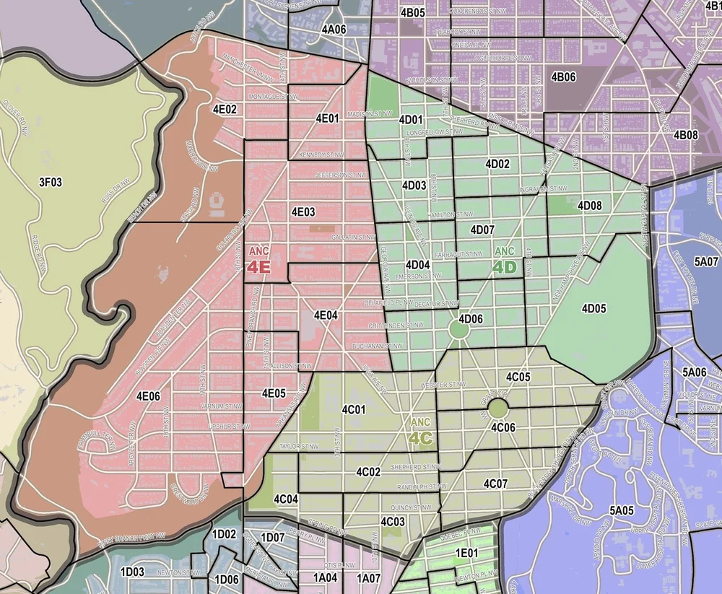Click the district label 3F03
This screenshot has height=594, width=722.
tap(51, 182)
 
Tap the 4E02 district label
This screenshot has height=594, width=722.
tap(225, 109)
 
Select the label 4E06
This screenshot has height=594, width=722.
tap(148, 395)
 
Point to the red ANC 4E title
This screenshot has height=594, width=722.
tap(258, 262)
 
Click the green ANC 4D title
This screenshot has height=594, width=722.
tap(505, 262)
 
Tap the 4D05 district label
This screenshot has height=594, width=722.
tap(593, 308)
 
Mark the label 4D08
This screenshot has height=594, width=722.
tap(590, 206)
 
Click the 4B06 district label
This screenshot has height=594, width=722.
tap(563, 77)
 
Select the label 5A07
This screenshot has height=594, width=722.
tap(706, 261)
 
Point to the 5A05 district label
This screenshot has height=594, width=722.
tap(621, 510)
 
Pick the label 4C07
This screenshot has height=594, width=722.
tap(495, 483)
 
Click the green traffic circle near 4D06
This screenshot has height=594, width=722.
tap(458, 331)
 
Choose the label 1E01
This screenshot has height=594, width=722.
tap(466, 553)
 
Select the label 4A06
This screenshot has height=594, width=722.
tap(334, 30)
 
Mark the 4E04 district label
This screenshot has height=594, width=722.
tap(326, 315)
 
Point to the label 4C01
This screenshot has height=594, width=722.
tap(354, 409)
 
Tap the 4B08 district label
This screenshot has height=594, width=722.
tap(685, 135)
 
